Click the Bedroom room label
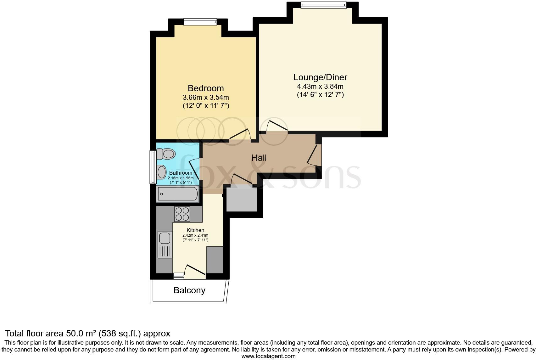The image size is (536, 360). pos(206,88)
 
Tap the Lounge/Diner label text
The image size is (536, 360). pos(320,77)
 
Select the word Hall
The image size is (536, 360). pos(259,158)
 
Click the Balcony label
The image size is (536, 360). pos(189,290)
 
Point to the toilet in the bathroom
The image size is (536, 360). pos(166,154)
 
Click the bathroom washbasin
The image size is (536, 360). pos(161,172)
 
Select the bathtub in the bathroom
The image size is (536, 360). pos(178,194)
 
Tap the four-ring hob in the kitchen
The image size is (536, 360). pos(182,214)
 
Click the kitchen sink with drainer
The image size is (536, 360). pos(165,245)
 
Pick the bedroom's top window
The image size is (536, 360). pos(200,22)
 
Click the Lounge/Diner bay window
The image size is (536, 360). pos(323,5)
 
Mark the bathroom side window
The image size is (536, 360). pos(153,167)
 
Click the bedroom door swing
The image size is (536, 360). pos(241,135)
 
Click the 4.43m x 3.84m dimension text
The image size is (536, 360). pos(320,86)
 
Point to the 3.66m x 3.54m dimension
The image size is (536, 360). pos(206,97)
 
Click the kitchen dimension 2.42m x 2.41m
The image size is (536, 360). pos(195,235)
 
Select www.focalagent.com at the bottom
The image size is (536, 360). pos(268,356)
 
